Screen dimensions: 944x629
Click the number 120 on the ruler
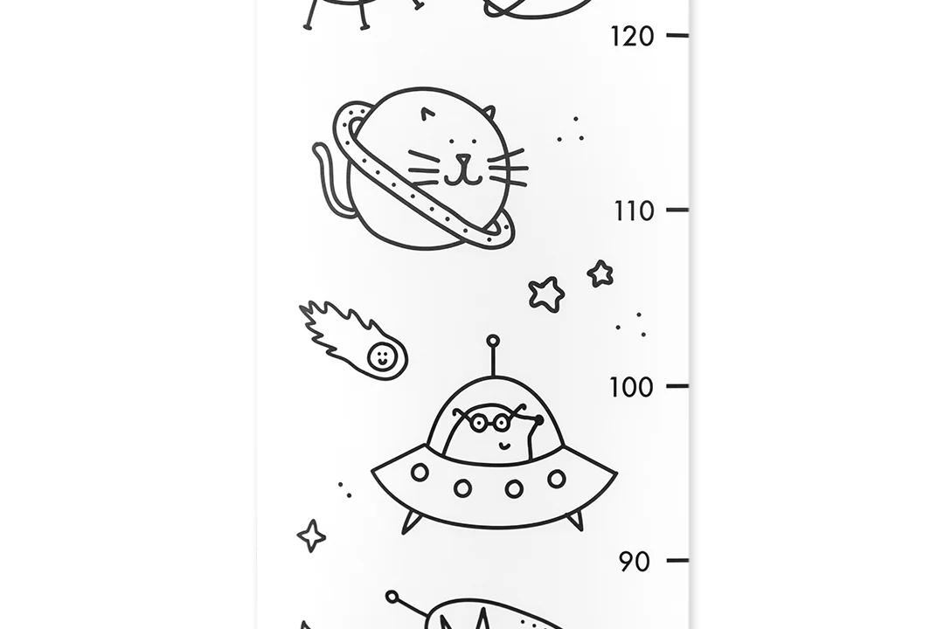click(632, 37)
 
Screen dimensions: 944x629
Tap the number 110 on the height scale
click(634, 211)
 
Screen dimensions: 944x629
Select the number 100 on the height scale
click(631, 387)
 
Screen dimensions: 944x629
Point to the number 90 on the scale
click(635, 563)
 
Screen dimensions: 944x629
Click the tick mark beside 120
click(677, 36)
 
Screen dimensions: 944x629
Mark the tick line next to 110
click(677, 210)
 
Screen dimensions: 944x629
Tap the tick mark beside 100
click(677, 386)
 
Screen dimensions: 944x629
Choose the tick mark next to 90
click(677, 560)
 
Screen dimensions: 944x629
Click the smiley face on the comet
click(382, 356)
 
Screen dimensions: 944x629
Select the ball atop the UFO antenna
click(493, 342)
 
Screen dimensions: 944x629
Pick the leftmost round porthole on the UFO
click(420, 472)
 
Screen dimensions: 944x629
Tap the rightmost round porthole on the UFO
click(557, 479)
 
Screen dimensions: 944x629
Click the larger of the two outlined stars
click(546, 294)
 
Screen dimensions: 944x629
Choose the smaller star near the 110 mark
click(600, 273)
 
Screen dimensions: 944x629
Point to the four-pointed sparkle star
click(311, 536)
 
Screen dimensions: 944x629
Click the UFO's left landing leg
click(411, 522)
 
